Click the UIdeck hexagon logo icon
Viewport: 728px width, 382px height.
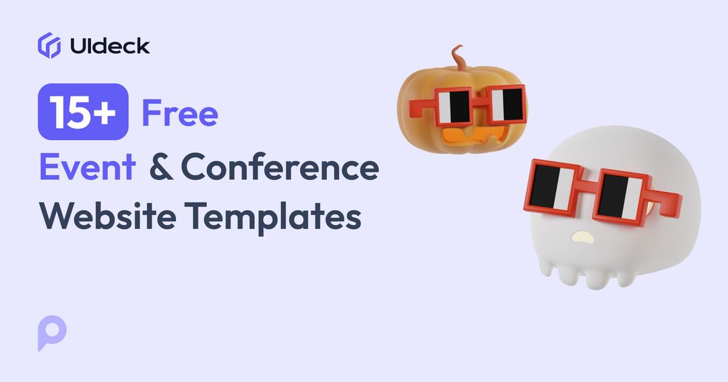point(49,45)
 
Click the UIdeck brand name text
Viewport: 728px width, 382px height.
point(110,46)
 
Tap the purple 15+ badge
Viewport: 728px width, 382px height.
point(83,112)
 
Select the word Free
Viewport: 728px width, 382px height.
point(179,113)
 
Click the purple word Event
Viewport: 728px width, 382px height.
point(88,166)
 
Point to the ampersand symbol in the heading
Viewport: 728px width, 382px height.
point(160,167)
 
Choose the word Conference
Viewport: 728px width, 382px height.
point(279,167)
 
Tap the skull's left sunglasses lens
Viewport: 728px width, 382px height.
point(552,185)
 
